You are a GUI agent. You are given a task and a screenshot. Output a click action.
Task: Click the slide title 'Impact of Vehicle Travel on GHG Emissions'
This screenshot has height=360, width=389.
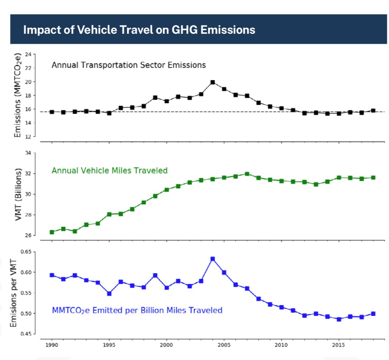point(139,29)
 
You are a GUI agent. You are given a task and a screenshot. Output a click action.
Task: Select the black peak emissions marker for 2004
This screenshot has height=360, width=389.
point(213,82)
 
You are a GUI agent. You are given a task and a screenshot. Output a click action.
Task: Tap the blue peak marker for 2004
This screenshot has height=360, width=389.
point(213,259)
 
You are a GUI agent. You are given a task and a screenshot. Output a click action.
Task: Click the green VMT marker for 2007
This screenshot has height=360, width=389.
point(247,174)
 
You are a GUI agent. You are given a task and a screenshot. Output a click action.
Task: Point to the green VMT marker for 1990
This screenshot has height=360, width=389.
point(52,232)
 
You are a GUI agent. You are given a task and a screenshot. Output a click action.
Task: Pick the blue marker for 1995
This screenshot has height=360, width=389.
point(109,294)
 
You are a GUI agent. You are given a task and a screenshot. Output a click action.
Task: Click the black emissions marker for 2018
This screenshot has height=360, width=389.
point(373,111)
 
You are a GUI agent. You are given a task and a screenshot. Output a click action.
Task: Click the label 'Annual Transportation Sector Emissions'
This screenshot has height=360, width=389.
point(129,65)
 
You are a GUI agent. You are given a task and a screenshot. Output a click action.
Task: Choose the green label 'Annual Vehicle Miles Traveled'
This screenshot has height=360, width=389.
point(109,170)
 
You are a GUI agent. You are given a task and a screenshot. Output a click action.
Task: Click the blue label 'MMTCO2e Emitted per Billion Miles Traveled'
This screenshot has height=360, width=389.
point(137,310)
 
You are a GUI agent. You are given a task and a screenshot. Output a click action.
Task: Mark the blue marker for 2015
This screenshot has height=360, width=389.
point(339,319)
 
